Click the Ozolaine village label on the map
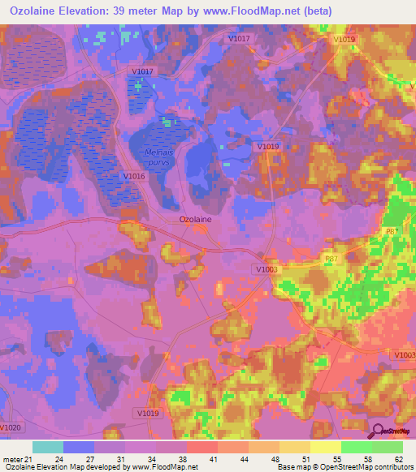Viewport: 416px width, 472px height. [195, 219]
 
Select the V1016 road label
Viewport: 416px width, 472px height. [134, 176]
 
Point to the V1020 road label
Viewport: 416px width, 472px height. [11, 427]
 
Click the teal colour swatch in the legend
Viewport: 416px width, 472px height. [48, 447]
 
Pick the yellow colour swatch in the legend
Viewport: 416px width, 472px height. [326, 447]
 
